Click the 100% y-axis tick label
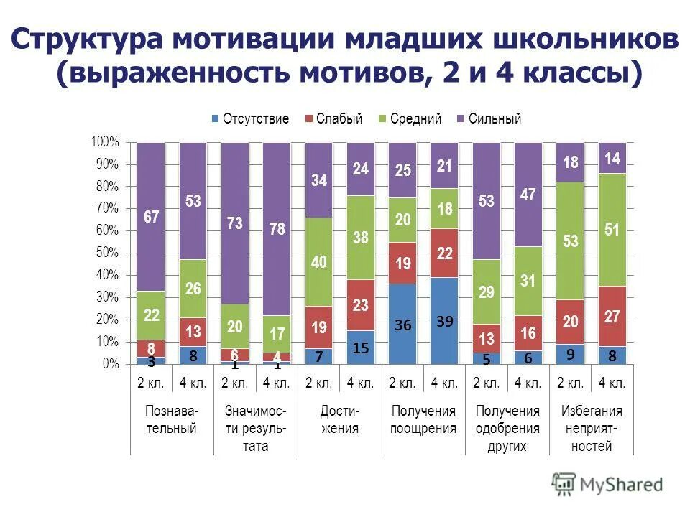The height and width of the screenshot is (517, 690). tap(103, 142)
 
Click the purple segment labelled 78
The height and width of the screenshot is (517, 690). tap(277, 228)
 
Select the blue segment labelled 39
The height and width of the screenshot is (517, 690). tap(444, 321)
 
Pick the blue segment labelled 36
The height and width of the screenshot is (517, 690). tap(402, 324)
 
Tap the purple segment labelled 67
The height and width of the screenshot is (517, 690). tap(151, 216)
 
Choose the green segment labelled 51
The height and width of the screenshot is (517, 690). tap(612, 230)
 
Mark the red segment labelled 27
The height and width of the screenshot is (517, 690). tap(612, 316)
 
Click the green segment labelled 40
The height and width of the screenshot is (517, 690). tap(318, 262)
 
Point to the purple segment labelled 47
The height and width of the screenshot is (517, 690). tap(528, 194)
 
